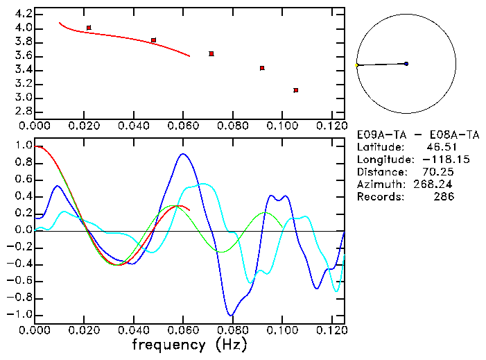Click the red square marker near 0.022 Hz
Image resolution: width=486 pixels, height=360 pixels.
click(x=89, y=28)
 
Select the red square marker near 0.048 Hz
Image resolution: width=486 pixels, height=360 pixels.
click(x=153, y=40)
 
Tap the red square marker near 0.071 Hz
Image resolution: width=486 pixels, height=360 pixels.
click(x=211, y=53)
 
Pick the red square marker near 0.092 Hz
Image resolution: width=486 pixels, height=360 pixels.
click(x=262, y=68)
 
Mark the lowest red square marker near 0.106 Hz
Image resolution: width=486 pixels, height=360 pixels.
click(x=296, y=90)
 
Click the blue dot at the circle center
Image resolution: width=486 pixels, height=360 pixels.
click(x=406, y=64)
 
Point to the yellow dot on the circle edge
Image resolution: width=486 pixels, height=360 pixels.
click(x=357, y=65)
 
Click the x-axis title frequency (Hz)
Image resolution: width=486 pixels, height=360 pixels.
click(x=189, y=345)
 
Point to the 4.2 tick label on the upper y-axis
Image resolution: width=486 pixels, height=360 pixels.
click(x=23, y=14)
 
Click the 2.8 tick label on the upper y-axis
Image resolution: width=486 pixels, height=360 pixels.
click(x=23, y=112)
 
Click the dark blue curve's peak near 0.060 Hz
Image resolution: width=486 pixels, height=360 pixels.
click(x=183, y=154)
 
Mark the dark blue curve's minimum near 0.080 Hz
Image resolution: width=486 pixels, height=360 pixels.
click(x=232, y=315)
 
